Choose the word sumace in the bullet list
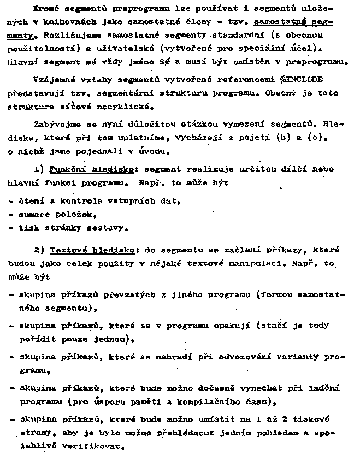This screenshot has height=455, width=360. point(34,214)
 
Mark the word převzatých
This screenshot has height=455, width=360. point(107,296)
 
